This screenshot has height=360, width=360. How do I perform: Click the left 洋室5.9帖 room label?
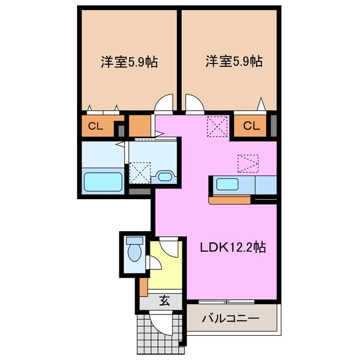[x=129, y=61]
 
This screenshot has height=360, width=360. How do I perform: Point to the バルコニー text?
[x=231, y=319]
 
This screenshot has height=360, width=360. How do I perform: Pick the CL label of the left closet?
[x=95, y=126]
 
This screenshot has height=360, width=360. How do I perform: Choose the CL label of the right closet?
[x=251, y=126]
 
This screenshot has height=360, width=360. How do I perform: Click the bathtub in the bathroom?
[x=103, y=182]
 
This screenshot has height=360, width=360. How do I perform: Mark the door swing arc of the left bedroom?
[x=164, y=104]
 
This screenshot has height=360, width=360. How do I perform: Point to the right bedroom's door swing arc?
[x=194, y=104]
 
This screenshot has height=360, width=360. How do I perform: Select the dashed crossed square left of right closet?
[x=217, y=126]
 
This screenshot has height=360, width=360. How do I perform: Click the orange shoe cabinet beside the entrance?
[x=144, y=286]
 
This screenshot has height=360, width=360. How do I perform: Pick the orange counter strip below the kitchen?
[x=231, y=199]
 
